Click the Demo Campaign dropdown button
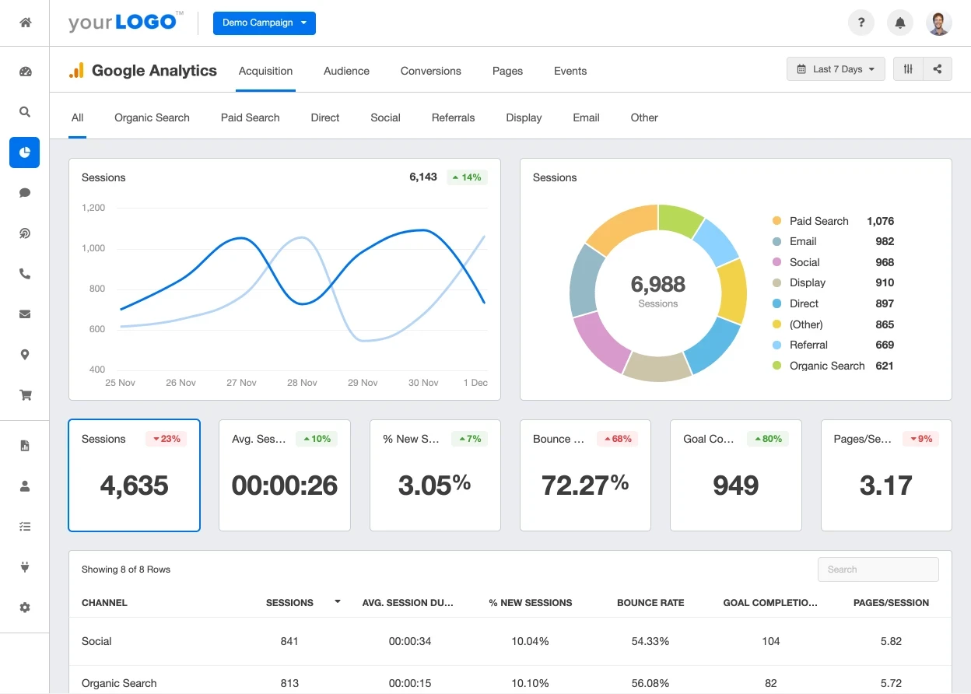coord(264,23)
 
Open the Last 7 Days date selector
coord(836,69)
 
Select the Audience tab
coord(346,71)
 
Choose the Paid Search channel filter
coord(250,117)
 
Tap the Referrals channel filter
coord(453,117)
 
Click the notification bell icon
coord(900,23)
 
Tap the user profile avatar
coord(939,23)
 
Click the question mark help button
coord(861,23)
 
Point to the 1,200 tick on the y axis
coord(93,208)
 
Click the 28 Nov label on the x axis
coord(302,383)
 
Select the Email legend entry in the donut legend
coord(802,241)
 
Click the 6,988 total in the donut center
coord(657,285)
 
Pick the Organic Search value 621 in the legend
coord(884,366)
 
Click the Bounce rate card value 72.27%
coord(584,485)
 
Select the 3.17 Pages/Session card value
coord(885,485)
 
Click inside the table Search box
coord(878,570)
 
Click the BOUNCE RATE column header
coord(650,603)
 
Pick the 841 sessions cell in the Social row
coord(289,641)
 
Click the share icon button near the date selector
coord(938,69)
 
